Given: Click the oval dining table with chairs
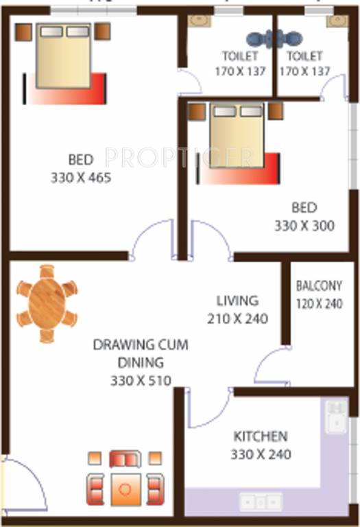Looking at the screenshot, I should click(47, 303).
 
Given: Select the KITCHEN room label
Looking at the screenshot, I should click(261, 436).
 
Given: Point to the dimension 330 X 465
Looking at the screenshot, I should click(81, 178).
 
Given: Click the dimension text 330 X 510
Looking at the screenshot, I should click(141, 380).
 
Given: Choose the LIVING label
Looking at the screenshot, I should click(237, 301).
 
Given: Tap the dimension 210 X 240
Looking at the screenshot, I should click(237, 318).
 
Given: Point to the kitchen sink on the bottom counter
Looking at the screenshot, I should click(261, 501).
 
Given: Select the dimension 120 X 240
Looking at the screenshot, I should click(319, 304).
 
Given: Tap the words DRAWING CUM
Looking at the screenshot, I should click(141, 344).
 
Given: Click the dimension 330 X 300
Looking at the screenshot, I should click(304, 225).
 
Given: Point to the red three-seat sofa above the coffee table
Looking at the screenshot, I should click(125, 458).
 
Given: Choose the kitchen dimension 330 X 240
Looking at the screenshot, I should click(261, 454).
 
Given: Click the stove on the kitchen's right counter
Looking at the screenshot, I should click(336, 417).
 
